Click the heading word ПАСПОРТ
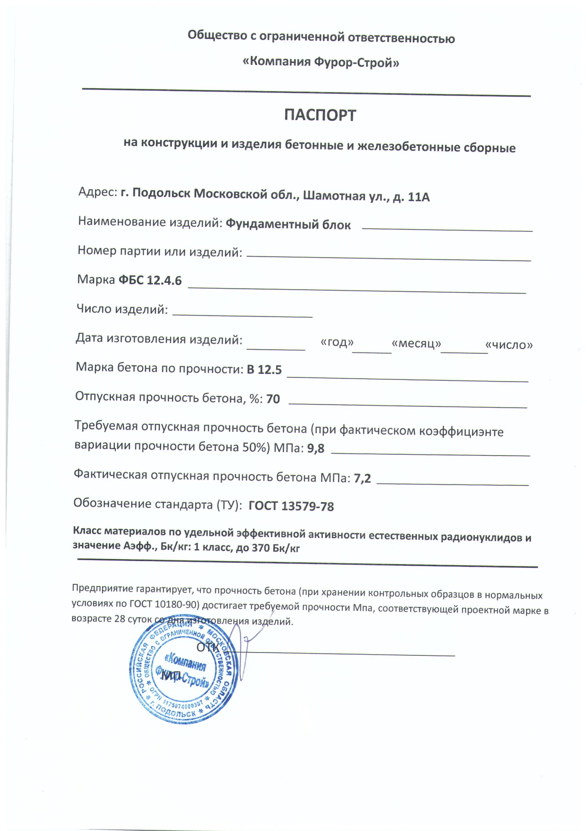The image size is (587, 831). pyautogui.click(x=320, y=116)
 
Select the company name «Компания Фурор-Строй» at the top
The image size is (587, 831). pyautogui.click(x=320, y=63)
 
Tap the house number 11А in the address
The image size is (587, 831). pyautogui.click(x=418, y=197)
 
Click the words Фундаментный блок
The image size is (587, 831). pyautogui.click(x=288, y=225)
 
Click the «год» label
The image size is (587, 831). pyautogui.click(x=337, y=342)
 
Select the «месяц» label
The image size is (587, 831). pyautogui.click(x=416, y=343)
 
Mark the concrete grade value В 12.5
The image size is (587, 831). pyautogui.click(x=264, y=370)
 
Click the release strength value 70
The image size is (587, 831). pyautogui.click(x=273, y=399)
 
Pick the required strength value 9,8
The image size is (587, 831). pyautogui.click(x=316, y=449)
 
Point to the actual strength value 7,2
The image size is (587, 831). pyautogui.click(x=362, y=478)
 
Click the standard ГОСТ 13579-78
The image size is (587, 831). pyautogui.click(x=291, y=506)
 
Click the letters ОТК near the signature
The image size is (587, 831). pyautogui.click(x=208, y=647)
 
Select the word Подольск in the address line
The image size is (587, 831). pyautogui.click(x=161, y=193)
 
